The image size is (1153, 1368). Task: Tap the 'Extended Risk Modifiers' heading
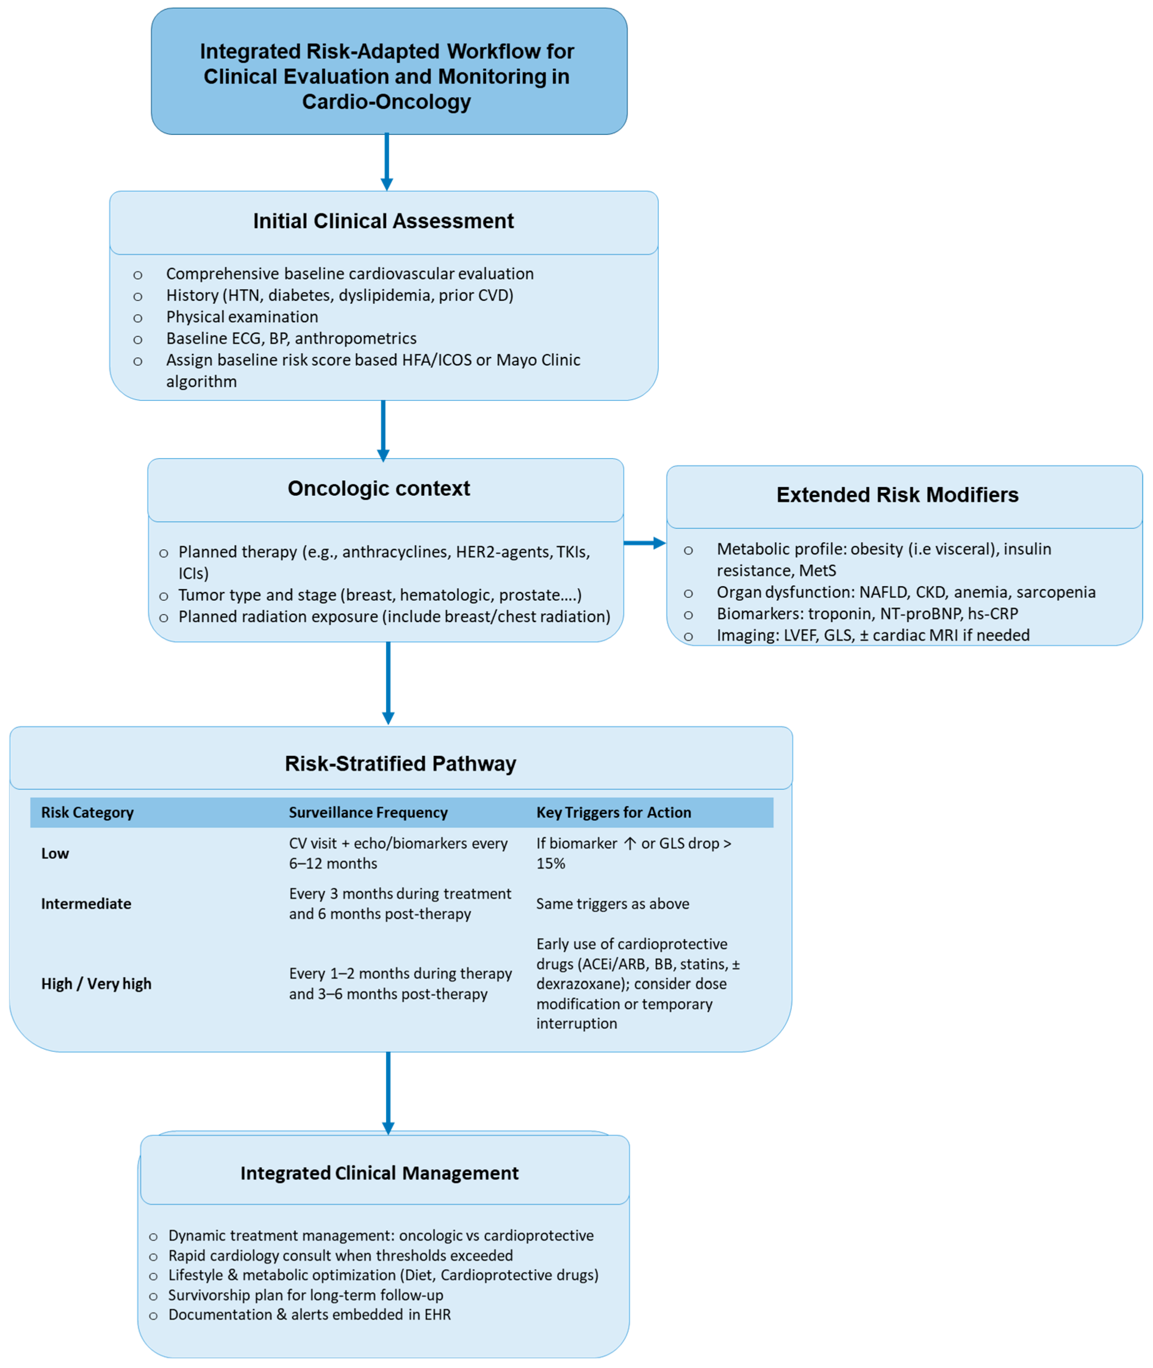(x=897, y=495)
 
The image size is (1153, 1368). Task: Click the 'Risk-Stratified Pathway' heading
(x=400, y=764)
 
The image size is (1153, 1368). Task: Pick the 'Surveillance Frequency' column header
(x=368, y=812)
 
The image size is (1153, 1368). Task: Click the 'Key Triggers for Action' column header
(x=613, y=812)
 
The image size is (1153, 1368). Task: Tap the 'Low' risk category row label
(x=55, y=854)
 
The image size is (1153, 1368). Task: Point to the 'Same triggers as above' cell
(x=613, y=904)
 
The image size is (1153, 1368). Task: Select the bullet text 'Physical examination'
(x=242, y=317)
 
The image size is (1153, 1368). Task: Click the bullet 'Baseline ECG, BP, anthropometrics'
(x=291, y=338)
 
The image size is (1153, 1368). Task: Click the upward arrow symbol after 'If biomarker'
(x=629, y=844)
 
